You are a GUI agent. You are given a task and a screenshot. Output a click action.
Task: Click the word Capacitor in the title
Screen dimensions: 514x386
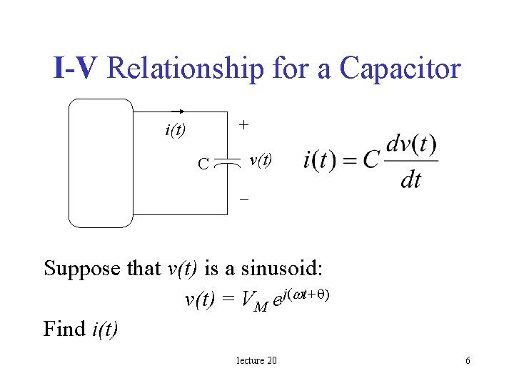tap(400, 69)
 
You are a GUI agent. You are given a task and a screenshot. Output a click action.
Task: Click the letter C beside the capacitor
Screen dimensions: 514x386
tap(203, 164)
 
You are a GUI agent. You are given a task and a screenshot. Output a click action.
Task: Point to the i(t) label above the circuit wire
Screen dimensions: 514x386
tap(175, 130)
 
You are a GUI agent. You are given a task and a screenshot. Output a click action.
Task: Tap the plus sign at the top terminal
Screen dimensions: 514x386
tap(243, 124)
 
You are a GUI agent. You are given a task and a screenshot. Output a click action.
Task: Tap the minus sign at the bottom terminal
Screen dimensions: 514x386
tap(243, 200)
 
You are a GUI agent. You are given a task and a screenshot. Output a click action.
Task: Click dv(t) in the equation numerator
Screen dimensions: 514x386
tap(411, 144)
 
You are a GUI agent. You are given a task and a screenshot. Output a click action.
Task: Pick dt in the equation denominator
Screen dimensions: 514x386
tap(411, 179)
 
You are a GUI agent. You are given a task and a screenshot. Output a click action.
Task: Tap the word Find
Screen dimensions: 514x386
tap(65, 328)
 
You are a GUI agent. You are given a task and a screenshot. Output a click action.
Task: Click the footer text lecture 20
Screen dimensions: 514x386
tap(256, 360)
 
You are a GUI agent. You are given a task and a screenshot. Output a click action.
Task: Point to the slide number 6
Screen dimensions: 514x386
tap(468, 360)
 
